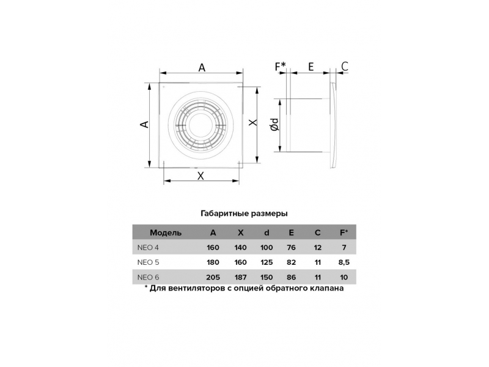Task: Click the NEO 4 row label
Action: (x=148, y=248)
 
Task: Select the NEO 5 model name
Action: (x=148, y=262)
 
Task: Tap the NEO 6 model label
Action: (x=148, y=277)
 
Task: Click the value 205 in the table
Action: (x=213, y=277)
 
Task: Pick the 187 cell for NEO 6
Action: (x=240, y=277)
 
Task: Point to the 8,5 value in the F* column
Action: (x=344, y=262)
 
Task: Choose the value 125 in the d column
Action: (x=267, y=262)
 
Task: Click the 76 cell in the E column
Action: (x=291, y=248)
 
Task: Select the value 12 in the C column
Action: (x=318, y=248)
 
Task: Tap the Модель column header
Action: (x=166, y=233)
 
